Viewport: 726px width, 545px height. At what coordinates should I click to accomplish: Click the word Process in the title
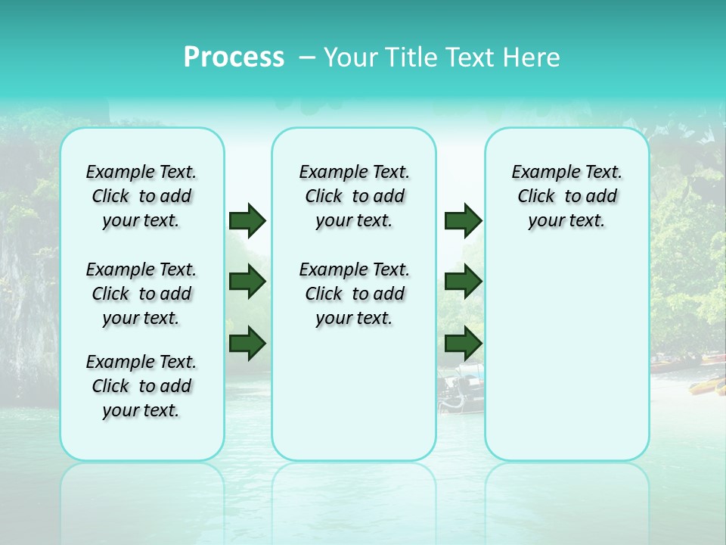[234, 58]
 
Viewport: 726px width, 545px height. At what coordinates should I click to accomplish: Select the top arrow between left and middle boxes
[247, 220]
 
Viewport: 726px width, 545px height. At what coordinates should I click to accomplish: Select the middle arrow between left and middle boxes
[247, 282]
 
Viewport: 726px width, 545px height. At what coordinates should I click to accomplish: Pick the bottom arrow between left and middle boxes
[247, 344]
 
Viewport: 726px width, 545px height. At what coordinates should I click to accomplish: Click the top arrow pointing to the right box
[463, 220]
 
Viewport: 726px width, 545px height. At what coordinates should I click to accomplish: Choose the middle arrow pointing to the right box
[463, 282]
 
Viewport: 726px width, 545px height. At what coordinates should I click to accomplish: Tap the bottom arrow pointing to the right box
[463, 344]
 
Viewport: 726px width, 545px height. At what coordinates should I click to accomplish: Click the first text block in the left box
[141, 196]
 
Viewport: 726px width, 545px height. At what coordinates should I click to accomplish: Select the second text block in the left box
[141, 294]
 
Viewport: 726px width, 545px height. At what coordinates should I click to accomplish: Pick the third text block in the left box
[141, 386]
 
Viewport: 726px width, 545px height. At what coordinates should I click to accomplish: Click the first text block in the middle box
[354, 196]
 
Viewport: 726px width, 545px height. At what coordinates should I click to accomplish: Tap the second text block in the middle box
[354, 294]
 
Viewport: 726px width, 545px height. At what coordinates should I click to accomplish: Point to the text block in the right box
[566, 196]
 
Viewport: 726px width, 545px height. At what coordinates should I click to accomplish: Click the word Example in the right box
[538, 173]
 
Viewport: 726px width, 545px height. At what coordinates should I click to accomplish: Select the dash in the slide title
[307, 58]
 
